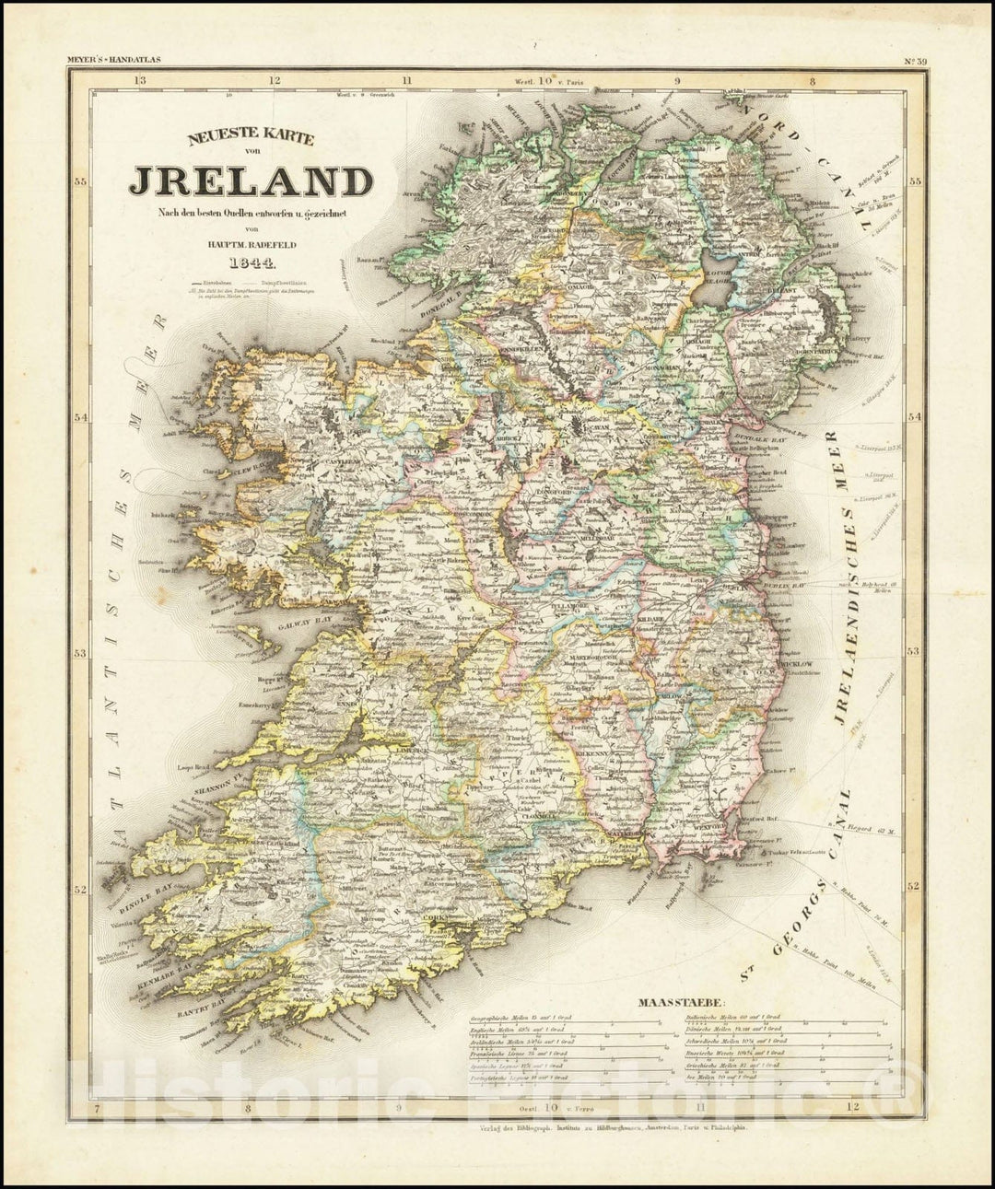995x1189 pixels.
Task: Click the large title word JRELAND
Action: (x=251, y=181)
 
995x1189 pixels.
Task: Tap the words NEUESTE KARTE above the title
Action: (x=251, y=139)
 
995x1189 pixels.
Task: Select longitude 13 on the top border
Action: (x=139, y=80)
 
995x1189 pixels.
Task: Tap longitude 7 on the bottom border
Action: (x=97, y=1107)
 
